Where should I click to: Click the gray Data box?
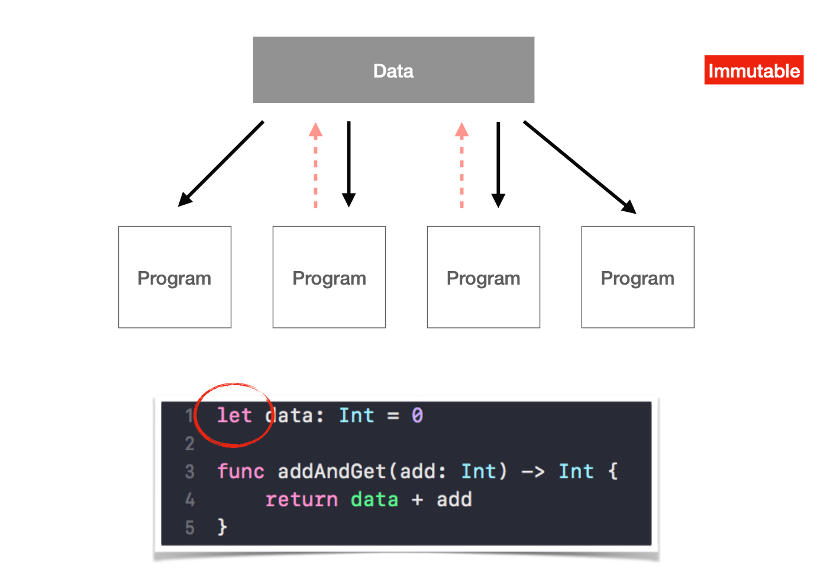click(393, 70)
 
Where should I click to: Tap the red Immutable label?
click(754, 70)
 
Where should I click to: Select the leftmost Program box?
click(175, 277)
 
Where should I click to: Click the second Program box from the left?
click(329, 277)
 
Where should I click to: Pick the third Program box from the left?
click(483, 277)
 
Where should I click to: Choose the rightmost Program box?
click(638, 277)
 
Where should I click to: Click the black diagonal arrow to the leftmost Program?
click(221, 164)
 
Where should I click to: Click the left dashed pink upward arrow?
click(316, 165)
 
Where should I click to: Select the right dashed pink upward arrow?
click(462, 165)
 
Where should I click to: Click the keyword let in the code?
click(234, 415)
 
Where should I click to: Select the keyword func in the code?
click(240, 472)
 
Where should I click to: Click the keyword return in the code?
click(301, 499)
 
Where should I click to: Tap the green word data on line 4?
click(374, 499)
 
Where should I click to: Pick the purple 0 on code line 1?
click(417, 415)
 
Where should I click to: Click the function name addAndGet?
click(332, 472)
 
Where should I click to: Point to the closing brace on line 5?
click(222, 527)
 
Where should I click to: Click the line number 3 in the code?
click(189, 472)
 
